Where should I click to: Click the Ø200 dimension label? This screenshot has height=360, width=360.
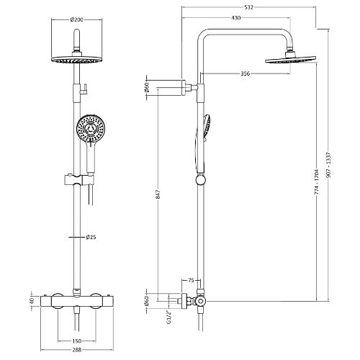[77, 19]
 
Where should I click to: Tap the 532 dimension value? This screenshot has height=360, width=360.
[248, 7]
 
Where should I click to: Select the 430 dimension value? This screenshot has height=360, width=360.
[236, 18]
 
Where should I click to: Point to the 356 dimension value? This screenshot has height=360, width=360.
[245, 73]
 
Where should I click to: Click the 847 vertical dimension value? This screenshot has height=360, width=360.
[158, 194]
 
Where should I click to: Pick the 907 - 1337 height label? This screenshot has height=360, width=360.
[328, 165]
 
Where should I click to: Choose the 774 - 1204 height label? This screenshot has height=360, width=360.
[317, 182]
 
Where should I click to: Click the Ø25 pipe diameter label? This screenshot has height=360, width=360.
[91, 237]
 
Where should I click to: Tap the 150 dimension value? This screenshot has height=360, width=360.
[76, 341]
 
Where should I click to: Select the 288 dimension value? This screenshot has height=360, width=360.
[76, 350]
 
